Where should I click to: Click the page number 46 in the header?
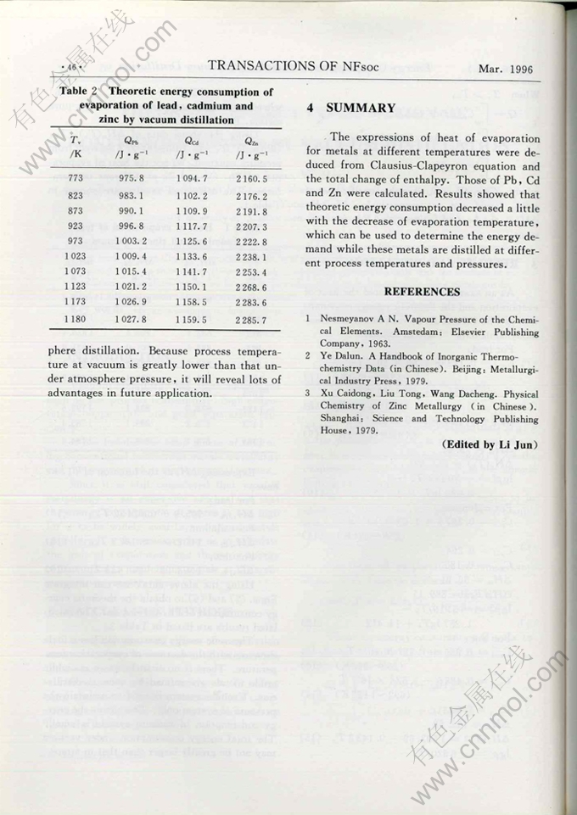pyautogui.click(x=70, y=66)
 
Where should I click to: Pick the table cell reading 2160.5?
pyautogui.click(x=251, y=179)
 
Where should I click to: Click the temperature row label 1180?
pyautogui.click(x=76, y=319)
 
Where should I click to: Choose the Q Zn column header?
pyautogui.click(x=250, y=142)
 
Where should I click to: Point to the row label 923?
pyautogui.click(x=76, y=226)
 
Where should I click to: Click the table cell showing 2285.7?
pyautogui.click(x=251, y=319)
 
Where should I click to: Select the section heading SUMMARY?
pyautogui.click(x=361, y=109)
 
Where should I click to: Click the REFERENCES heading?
pyautogui.click(x=422, y=292)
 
